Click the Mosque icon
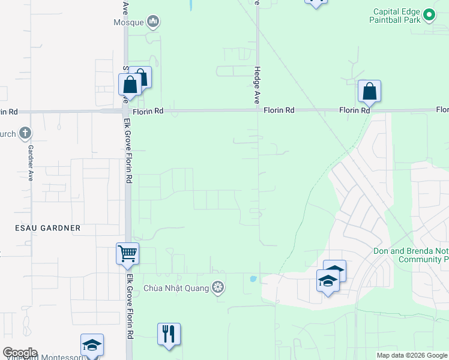point(154,22)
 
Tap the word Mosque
point(129,23)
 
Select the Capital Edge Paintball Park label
point(396,16)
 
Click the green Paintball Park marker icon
point(429,14)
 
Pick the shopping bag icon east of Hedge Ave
point(369,92)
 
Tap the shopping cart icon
point(127,254)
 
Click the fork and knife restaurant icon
point(169,333)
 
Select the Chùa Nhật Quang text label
point(176,288)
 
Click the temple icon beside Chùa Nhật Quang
point(218,288)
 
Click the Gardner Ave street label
point(29,163)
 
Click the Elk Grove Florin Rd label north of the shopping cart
point(128,162)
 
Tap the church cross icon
point(25,133)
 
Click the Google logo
point(19,353)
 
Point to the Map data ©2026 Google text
point(412,355)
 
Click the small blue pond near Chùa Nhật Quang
point(253,279)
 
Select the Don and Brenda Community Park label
point(411,255)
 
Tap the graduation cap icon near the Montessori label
point(92,345)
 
